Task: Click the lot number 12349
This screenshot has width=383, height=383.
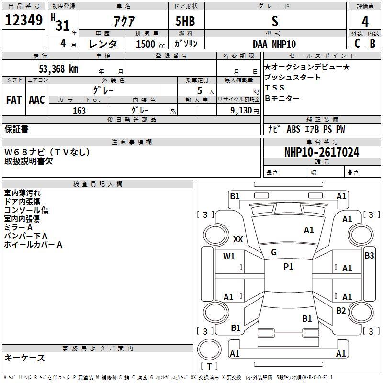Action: pyautogui.click(x=23, y=20)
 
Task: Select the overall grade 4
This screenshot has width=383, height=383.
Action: pyautogui.click(x=365, y=22)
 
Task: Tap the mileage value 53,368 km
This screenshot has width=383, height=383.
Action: pyautogui.click(x=58, y=69)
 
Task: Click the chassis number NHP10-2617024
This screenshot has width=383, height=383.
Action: pyautogui.click(x=322, y=152)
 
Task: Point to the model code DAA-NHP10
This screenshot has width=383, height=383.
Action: pyautogui.click(x=274, y=44)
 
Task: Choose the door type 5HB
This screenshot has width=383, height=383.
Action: pyautogui.click(x=185, y=21)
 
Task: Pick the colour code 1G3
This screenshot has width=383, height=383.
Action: pyautogui.click(x=79, y=111)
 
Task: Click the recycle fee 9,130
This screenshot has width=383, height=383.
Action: pyautogui.click(x=241, y=111)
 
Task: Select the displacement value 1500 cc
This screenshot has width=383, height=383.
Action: pyautogui.click(x=150, y=44)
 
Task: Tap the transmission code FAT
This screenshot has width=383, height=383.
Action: pyautogui.click(x=14, y=100)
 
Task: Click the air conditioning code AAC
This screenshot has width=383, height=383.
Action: pyautogui.click(x=37, y=100)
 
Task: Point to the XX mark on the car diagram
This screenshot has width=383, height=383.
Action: pyautogui.click(x=238, y=239)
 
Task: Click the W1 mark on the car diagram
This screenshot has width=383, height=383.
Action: pyautogui.click(x=229, y=257)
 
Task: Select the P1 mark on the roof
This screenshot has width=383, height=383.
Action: pyautogui.click(x=288, y=267)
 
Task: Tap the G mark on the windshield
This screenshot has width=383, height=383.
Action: pyautogui.click(x=274, y=252)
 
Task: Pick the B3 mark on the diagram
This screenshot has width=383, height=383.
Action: pyautogui.click(x=369, y=256)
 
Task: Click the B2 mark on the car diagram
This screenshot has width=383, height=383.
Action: pyautogui.click(x=341, y=311)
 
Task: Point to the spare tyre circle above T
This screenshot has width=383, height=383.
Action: pyautogui.click(x=209, y=350)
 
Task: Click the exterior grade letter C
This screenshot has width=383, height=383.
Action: pyautogui.click(x=357, y=44)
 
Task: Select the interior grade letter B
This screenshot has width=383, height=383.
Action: pyautogui.click(x=372, y=44)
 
